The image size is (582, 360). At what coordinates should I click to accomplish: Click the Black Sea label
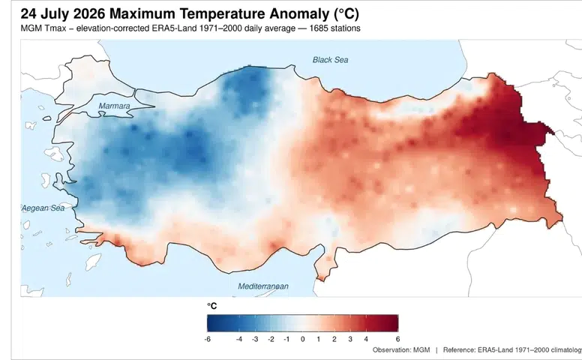click(330, 60)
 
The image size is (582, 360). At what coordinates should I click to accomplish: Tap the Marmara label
click(114, 106)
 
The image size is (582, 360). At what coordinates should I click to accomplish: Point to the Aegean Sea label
click(43, 208)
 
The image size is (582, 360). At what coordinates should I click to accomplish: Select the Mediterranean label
click(263, 286)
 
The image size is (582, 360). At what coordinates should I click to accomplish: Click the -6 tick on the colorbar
click(207, 339)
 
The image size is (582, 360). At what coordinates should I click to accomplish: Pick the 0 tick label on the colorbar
click(302, 339)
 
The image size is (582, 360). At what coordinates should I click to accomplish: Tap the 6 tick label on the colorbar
click(398, 339)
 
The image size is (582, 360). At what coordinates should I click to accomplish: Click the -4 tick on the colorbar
click(239, 339)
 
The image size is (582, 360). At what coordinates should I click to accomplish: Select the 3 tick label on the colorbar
click(350, 339)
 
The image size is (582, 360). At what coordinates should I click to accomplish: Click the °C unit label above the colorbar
click(212, 306)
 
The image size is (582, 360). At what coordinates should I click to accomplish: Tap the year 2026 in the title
click(89, 14)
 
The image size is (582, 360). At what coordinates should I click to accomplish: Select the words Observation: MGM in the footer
click(401, 350)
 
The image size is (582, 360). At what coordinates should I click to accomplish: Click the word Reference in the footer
click(459, 350)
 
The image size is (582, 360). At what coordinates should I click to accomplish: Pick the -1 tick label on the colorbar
click(286, 339)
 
